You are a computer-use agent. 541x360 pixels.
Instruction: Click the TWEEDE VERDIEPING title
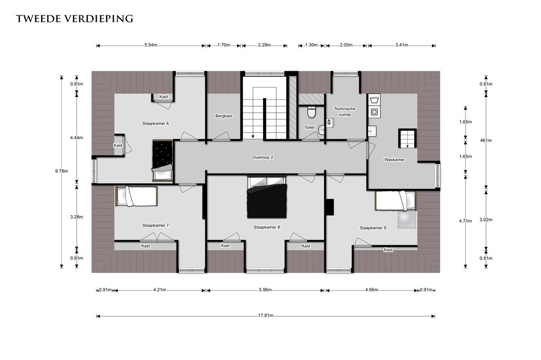click(74, 18)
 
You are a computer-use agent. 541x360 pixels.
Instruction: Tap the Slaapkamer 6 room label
click(156, 124)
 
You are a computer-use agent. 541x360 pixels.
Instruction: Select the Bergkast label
click(224, 116)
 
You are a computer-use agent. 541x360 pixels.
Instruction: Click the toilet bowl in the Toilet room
click(311, 112)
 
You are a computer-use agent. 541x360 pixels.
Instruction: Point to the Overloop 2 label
click(263, 158)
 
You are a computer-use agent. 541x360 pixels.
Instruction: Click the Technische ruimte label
click(344, 112)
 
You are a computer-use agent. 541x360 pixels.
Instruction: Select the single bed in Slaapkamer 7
click(136, 196)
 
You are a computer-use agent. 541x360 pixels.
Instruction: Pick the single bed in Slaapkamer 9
click(396, 201)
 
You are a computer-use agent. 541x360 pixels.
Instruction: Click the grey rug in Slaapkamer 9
click(407, 219)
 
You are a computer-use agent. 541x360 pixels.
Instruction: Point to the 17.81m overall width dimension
click(266, 316)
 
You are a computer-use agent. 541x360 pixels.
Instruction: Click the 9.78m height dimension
click(61, 172)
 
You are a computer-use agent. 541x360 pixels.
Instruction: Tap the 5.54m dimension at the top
click(151, 45)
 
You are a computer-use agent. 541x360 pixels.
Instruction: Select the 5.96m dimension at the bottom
click(265, 290)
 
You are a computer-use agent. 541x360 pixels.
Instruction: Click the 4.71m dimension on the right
click(465, 221)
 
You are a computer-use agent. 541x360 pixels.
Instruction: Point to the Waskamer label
click(394, 159)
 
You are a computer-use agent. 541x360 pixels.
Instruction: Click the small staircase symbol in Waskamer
click(407, 139)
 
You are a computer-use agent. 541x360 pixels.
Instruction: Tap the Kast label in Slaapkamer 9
click(388, 250)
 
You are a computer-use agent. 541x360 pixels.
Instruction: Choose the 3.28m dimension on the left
click(77, 217)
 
